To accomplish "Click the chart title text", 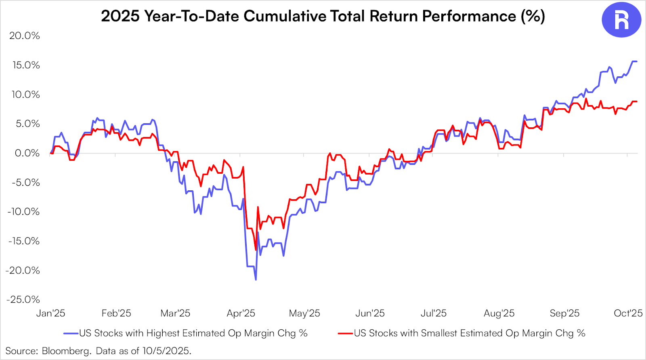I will pyautogui.click(x=323, y=16).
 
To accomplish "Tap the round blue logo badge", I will pyautogui.click(x=621, y=20).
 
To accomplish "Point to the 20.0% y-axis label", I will pyautogui.click(x=25, y=36).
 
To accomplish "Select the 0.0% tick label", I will pyautogui.click(x=27, y=153).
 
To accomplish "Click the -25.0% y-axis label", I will pyautogui.click(x=23, y=299).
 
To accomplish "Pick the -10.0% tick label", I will pyautogui.click(x=23, y=212).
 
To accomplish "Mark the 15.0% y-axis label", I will pyautogui.click(x=26, y=65).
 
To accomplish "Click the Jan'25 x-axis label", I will pyautogui.click(x=50, y=313).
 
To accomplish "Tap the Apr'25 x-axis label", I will pyautogui.click(x=241, y=313).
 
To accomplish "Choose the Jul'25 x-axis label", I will pyautogui.click(x=434, y=313).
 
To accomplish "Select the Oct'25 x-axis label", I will pyautogui.click(x=628, y=313).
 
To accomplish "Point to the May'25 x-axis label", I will pyautogui.click(x=304, y=313).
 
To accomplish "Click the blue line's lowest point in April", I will pyautogui.click(x=256, y=279).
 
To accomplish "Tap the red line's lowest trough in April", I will pyautogui.click(x=256, y=250).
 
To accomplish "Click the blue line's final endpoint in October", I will pyautogui.click(x=637, y=61).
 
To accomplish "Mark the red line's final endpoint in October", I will pyautogui.click(x=637, y=101).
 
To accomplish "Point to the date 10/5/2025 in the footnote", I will pyautogui.click(x=166, y=351).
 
